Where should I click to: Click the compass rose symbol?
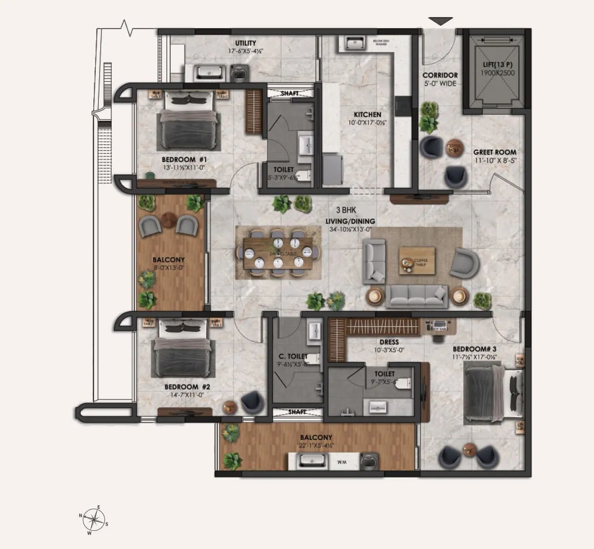pyautogui.click(x=96, y=519)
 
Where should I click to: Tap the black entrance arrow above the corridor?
pyautogui.click(x=440, y=21)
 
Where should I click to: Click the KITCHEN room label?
pyautogui.click(x=367, y=115)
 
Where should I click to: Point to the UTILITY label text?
pyautogui.click(x=246, y=43)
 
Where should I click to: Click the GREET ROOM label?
pyautogui.click(x=494, y=152)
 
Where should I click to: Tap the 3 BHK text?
pyautogui.click(x=346, y=210)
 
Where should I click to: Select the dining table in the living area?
pyautogui.click(x=278, y=253)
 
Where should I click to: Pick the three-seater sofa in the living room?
pyautogui.click(x=416, y=296)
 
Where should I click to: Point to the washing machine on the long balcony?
pyautogui.click(x=368, y=460)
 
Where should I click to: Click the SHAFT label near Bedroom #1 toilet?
pyautogui.click(x=289, y=93)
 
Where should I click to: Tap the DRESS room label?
pyautogui.click(x=389, y=342)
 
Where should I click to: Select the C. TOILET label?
pyautogui.click(x=293, y=356)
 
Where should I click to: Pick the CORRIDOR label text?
pyautogui.click(x=440, y=75)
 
